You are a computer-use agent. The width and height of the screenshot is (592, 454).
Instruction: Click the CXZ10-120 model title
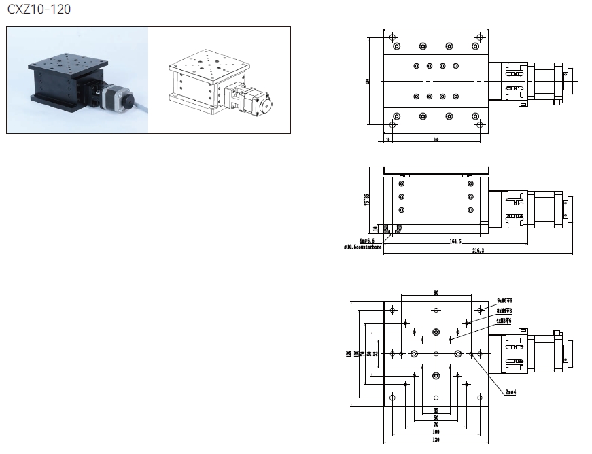pyautogui.click(x=38, y=10)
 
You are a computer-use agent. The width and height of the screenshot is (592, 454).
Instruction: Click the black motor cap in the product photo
pyautogui.click(x=128, y=101)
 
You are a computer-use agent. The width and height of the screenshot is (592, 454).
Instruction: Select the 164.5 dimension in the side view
pyautogui.click(x=455, y=241)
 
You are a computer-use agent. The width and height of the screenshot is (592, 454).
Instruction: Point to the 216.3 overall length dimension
pyautogui.click(x=478, y=251)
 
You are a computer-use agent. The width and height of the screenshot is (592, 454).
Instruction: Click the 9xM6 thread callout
pyautogui.click(x=504, y=300)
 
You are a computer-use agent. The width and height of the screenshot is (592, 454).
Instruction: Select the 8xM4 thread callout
pyautogui.click(x=504, y=311)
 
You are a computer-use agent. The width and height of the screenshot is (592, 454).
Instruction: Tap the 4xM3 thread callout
pyautogui.click(x=504, y=320)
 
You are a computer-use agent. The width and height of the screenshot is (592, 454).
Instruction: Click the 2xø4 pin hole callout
pyautogui.click(x=510, y=392)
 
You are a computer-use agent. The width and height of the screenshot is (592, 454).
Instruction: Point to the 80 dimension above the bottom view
pyautogui.click(x=436, y=293)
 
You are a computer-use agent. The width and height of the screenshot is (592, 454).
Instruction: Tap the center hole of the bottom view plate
pyautogui.click(x=436, y=354)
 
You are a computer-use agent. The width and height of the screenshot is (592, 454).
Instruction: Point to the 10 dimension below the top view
pyautogui.click(x=387, y=139)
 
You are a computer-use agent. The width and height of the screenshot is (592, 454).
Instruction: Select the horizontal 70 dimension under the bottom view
pyautogui.click(x=436, y=425)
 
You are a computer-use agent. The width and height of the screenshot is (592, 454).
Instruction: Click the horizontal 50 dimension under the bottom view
pyautogui.click(x=436, y=418)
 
